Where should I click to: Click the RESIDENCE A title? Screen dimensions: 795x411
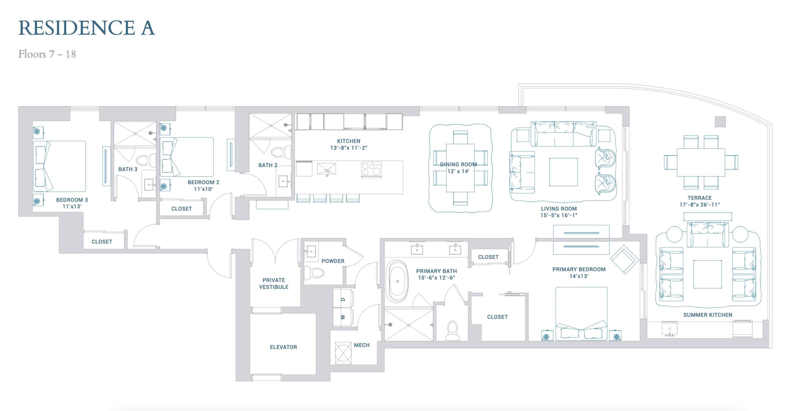(86, 28)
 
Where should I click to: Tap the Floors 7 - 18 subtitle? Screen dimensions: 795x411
(47, 54)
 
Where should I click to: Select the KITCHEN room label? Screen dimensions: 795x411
(348, 141)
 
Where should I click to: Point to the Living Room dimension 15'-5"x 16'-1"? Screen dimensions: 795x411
(559, 215)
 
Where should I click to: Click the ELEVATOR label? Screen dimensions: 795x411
(283, 347)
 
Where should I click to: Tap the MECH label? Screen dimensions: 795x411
(362, 345)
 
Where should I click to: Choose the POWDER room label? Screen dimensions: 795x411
(333, 261)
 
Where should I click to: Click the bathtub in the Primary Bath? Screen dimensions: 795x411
(397, 281)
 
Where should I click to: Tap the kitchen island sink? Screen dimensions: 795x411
(326, 169)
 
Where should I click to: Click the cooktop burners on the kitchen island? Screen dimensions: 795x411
(371, 169)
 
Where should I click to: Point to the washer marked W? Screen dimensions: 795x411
(343, 317)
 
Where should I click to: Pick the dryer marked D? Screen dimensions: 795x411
(343, 298)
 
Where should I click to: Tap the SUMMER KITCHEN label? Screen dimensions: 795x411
(708, 315)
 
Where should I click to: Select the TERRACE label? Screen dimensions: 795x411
(699, 198)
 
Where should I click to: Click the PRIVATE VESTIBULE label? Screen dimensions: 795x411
(274, 284)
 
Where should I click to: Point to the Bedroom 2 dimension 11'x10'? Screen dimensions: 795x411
(203, 189)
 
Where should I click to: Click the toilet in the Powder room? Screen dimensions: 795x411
(314, 272)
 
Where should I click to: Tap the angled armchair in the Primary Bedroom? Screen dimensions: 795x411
(624, 260)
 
